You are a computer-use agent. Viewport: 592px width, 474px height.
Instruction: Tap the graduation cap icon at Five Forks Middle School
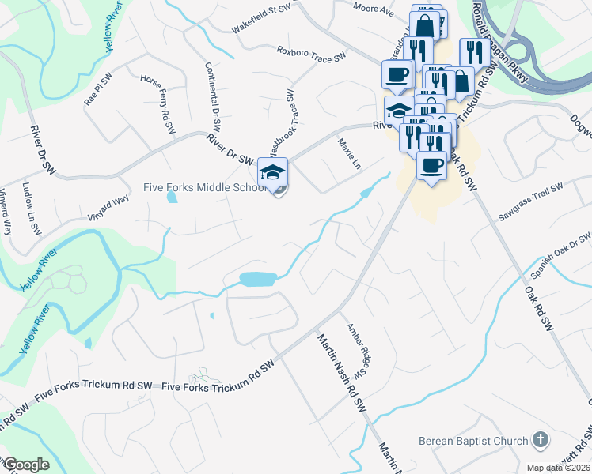272,171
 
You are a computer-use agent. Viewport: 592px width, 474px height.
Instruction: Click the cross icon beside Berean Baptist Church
541,439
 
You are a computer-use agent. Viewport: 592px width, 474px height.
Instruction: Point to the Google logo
26,465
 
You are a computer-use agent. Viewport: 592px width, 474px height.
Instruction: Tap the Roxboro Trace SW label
312,54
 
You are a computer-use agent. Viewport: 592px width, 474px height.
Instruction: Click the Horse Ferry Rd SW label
157,104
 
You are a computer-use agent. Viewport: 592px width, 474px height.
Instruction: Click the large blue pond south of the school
257,279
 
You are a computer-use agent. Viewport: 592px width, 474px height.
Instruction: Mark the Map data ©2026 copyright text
557,467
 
